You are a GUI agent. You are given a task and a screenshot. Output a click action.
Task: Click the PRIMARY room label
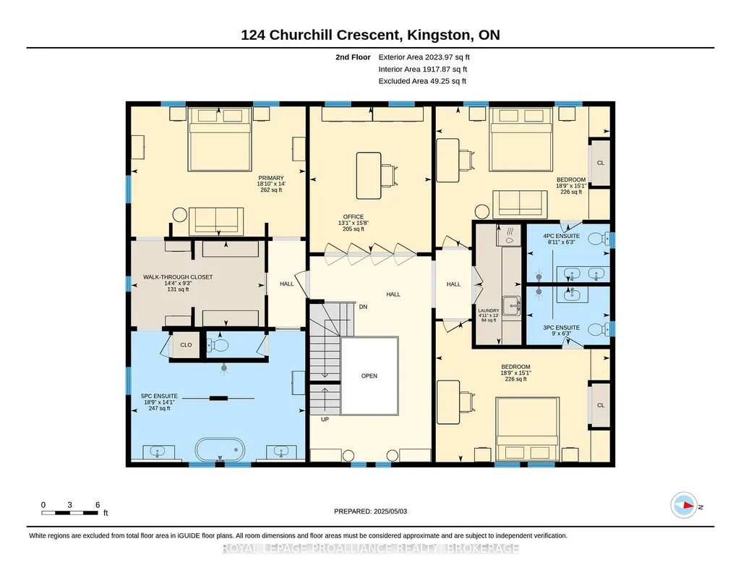[271, 178]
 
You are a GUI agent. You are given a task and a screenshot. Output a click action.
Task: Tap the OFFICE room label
[354, 217]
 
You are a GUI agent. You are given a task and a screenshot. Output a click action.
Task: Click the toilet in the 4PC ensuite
[601, 239]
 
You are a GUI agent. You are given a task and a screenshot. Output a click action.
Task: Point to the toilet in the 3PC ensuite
[601, 329]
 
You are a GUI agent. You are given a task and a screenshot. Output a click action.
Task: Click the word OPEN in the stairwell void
[369, 376]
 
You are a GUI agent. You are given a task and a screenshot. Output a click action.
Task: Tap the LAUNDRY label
[488, 310]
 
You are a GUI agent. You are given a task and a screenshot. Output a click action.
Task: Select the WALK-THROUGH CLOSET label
[178, 277]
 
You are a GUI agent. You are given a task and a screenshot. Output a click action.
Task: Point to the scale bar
[69, 513]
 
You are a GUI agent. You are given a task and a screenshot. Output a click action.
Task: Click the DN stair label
[363, 307]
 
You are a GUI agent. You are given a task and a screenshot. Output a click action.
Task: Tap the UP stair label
[325, 420]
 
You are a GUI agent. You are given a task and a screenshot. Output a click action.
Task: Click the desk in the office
[369, 176]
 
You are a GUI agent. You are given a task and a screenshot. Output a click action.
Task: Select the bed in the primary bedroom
[219, 139]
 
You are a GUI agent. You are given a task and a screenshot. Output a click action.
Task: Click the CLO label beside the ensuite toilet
[187, 344]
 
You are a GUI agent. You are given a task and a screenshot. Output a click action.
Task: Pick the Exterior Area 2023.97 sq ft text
[424, 57]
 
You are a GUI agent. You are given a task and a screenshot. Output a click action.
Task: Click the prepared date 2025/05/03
[390, 511]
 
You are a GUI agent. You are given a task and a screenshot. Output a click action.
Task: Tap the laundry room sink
[511, 306]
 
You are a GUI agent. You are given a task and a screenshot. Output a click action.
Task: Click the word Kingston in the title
[439, 35]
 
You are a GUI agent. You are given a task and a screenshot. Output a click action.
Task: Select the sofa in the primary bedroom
[216, 221]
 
